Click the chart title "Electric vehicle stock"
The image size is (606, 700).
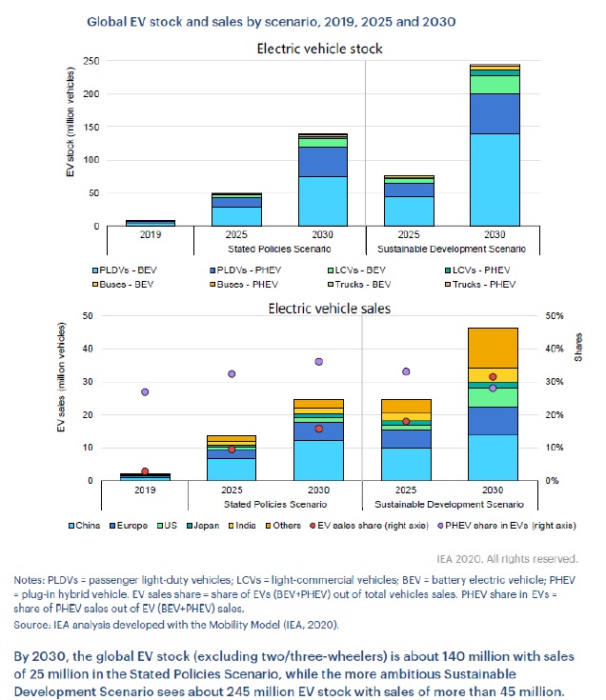(x=326, y=49)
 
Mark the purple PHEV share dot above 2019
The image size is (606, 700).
(x=145, y=391)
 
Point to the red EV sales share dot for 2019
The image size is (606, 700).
(x=145, y=471)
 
